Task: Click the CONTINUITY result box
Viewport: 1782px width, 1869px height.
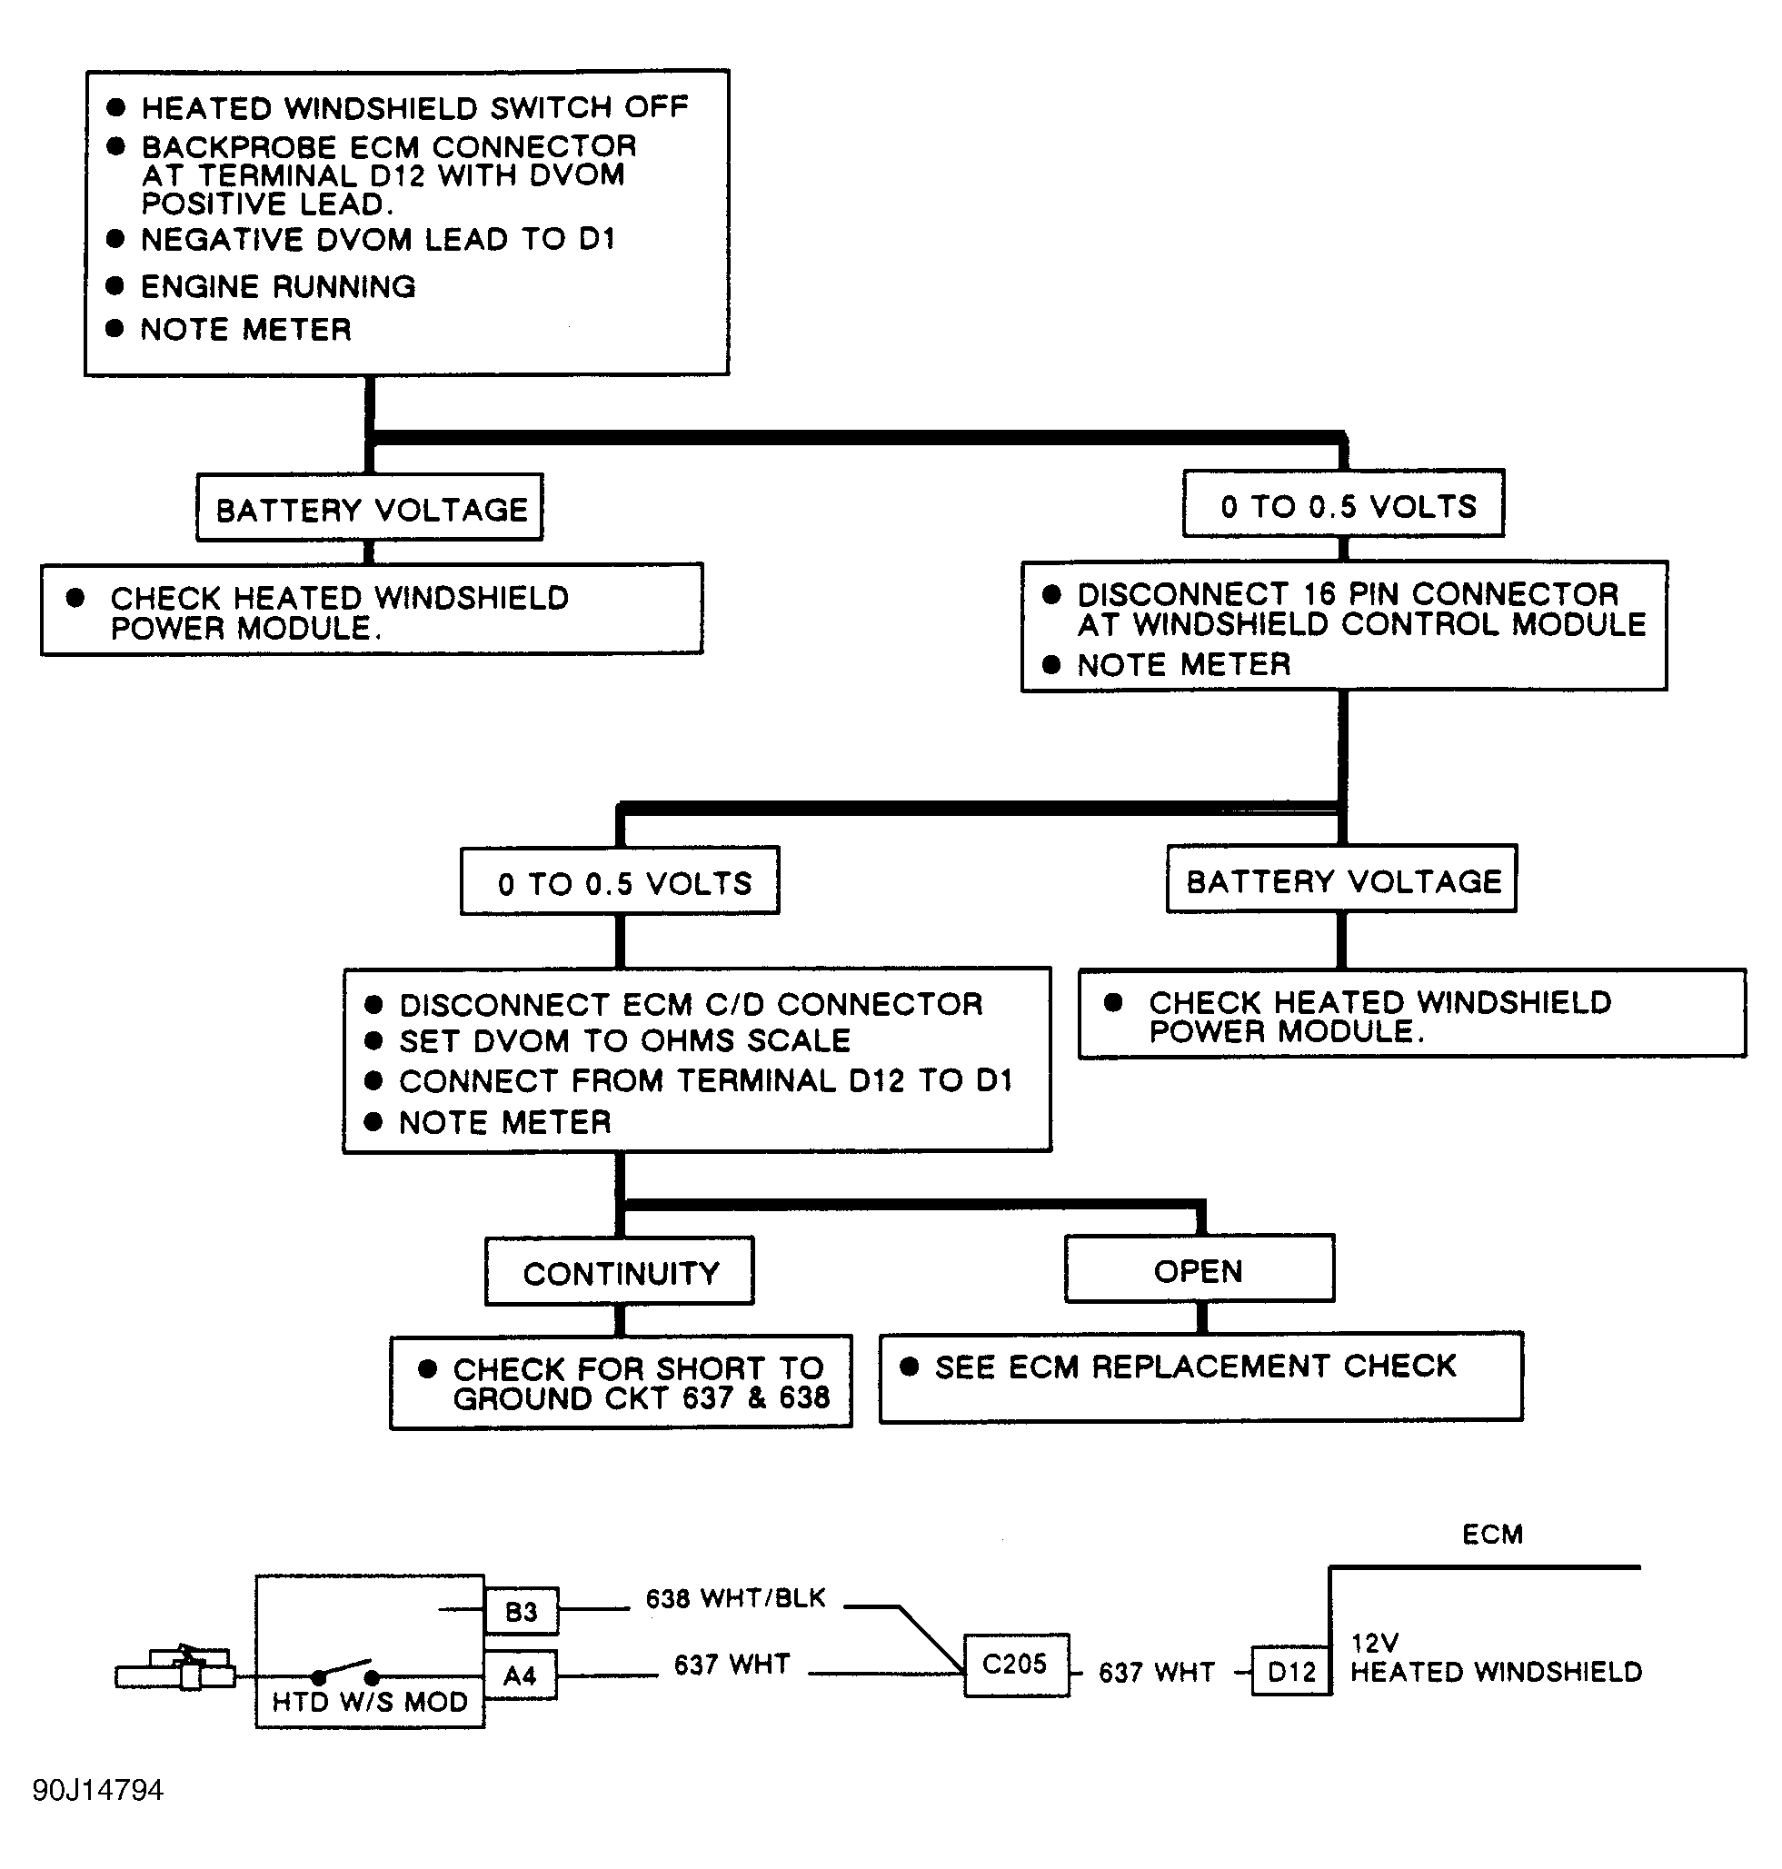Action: tap(620, 1271)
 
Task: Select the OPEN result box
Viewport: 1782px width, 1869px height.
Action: tap(1199, 1268)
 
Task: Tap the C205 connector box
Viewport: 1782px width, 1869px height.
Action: tap(1015, 1665)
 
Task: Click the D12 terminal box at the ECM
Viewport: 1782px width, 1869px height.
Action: tap(1290, 1672)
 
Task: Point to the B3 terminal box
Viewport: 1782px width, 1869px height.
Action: tap(521, 1611)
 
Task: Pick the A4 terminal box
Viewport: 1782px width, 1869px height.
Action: tap(521, 1675)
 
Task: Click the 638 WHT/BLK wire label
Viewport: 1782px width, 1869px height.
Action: tap(735, 1598)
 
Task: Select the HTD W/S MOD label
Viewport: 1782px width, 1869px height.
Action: tap(370, 1701)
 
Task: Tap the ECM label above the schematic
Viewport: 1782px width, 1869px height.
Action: tap(1492, 1534)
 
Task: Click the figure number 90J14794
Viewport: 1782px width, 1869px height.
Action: tap(98, 1790)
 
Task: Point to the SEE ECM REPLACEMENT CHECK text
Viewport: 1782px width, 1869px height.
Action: tap(1195, 1366)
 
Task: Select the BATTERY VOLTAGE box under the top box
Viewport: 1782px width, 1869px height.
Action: tap(370, 508)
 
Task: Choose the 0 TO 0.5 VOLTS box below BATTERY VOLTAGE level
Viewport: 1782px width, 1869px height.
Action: tap(620, 881)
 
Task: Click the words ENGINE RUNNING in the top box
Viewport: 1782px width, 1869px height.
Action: tap(278, 286)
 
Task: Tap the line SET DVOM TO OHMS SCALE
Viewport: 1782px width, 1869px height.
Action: tap(625, 1041)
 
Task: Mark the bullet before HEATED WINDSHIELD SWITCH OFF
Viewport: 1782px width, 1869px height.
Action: tap(117, 107)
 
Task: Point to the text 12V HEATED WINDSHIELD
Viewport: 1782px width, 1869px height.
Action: tap(1495, 1657)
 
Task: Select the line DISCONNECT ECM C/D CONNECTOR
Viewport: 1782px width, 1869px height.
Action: tap(691, 1004)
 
